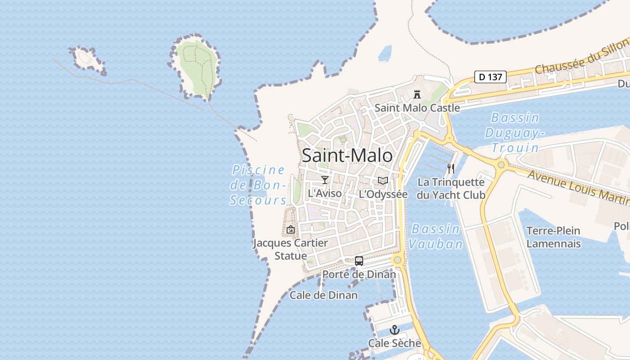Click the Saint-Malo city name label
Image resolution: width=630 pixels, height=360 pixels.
coord(347,156)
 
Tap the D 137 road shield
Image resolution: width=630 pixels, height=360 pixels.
coord(490,77)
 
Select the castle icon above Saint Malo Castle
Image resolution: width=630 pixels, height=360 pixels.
coord(417,94)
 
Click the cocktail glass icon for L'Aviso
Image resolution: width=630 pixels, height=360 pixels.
coord(325,180)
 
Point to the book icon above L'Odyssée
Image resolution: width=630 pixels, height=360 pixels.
coord(383,181)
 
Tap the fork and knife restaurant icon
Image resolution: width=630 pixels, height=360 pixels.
coord(451,169)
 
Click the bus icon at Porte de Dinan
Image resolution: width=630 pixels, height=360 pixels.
coord(359,261)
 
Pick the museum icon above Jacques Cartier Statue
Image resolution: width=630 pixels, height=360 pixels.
coord(291,229)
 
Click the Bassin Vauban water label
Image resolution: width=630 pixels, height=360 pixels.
coord(436,236)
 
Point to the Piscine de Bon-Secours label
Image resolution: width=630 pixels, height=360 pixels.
coord(258,185)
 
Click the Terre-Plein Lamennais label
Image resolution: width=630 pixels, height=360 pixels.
coord(553,237)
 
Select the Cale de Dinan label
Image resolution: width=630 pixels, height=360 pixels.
coord(324,295)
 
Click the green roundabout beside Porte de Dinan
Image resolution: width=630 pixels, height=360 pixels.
coord(397,260)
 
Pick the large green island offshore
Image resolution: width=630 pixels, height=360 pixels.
coord(197,67)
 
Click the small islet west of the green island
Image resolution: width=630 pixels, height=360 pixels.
coord(87,59)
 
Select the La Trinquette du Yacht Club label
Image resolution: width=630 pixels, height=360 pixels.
coord(451,189)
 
